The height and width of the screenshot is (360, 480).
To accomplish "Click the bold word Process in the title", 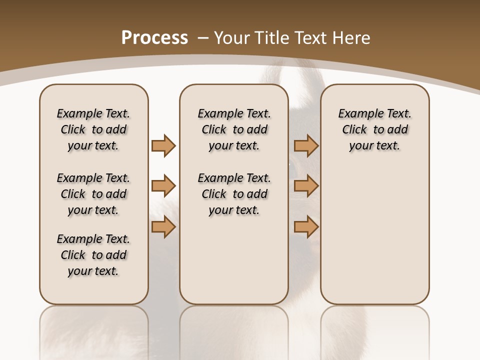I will [154, 37].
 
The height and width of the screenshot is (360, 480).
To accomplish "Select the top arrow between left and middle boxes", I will [163, 146].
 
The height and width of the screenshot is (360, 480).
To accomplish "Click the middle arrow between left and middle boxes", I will [163, 186].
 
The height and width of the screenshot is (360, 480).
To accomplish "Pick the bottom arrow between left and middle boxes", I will [163, 227].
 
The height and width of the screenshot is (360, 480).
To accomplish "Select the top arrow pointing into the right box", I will [306, 146].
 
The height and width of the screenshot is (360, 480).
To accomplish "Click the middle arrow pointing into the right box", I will [306, 186].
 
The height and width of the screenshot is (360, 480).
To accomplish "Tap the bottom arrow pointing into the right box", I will [306, 227].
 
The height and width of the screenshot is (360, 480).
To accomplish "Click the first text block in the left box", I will [93, 129].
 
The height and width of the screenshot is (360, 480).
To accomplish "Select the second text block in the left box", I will [93, 194].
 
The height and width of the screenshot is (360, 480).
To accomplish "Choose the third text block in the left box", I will [93, 255].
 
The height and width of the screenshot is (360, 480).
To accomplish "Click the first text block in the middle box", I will [234, 129].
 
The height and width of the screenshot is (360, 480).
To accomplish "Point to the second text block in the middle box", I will [234, 194].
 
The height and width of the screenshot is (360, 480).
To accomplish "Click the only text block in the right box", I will [374, 129].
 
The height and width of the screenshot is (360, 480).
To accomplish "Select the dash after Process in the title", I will [203, 37].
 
